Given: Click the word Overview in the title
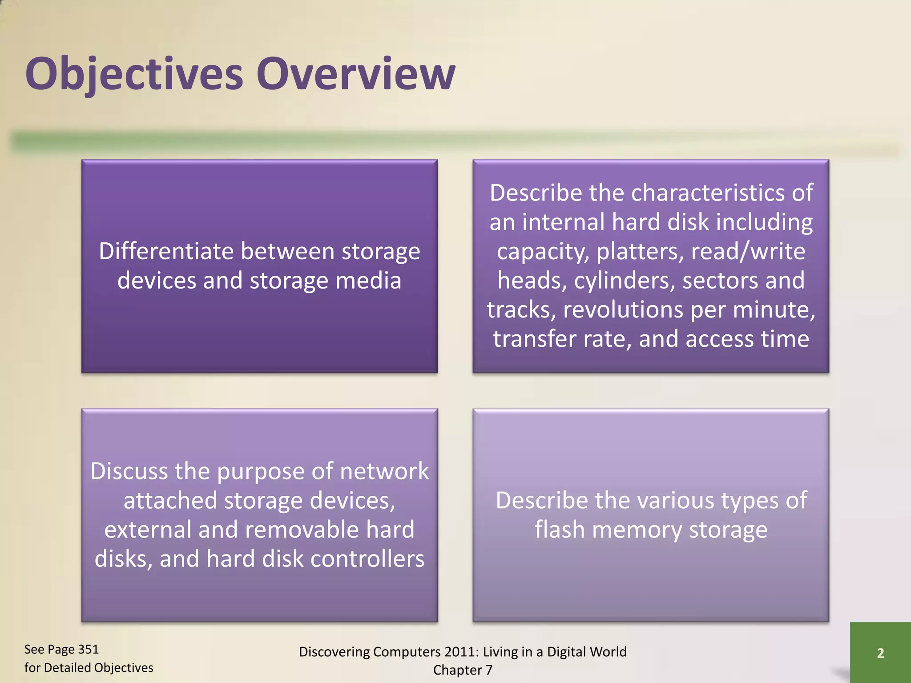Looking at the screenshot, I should tap(355, 74).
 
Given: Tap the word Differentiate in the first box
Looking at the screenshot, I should tap(166, 251).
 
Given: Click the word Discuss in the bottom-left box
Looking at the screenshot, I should tap(128, 471).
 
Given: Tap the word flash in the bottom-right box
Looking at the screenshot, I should tap(559, 530).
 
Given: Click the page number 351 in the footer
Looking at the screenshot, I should tap(88, 650).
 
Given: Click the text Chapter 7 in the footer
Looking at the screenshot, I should tap(463, 670).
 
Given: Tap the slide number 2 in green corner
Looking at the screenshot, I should tap(880, 653).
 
